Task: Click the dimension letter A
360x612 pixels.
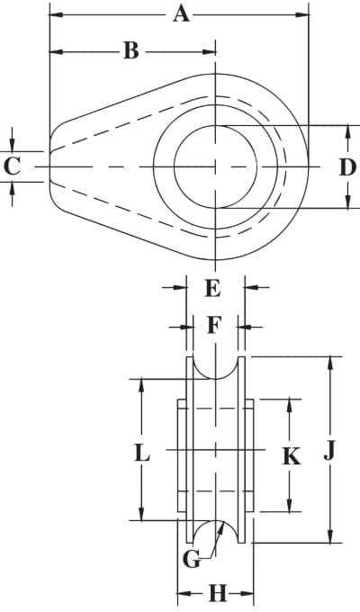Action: click(182, 14)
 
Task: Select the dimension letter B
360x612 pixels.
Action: click(131, 51)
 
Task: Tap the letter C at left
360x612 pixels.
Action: click(12, 166)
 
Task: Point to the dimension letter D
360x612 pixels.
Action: click(347, 167)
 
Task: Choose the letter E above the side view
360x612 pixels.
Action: click(212, 288)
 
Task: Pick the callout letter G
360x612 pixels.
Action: click(192, 561)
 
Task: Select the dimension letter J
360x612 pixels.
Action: click(329, 451)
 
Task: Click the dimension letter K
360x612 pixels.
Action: click(292, 456)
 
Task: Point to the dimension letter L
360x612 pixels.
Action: click(142, 454)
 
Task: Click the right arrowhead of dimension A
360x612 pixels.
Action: click(301, 14)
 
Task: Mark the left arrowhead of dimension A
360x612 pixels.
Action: click(57, 14)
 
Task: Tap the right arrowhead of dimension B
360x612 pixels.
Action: click(209, 51)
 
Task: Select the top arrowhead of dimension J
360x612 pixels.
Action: click(330, 364)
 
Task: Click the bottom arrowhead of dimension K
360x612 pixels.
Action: click(289, 504)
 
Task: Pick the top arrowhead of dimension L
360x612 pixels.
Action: click(141, 385)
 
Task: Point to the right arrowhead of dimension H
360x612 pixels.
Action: click(247, 594)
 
